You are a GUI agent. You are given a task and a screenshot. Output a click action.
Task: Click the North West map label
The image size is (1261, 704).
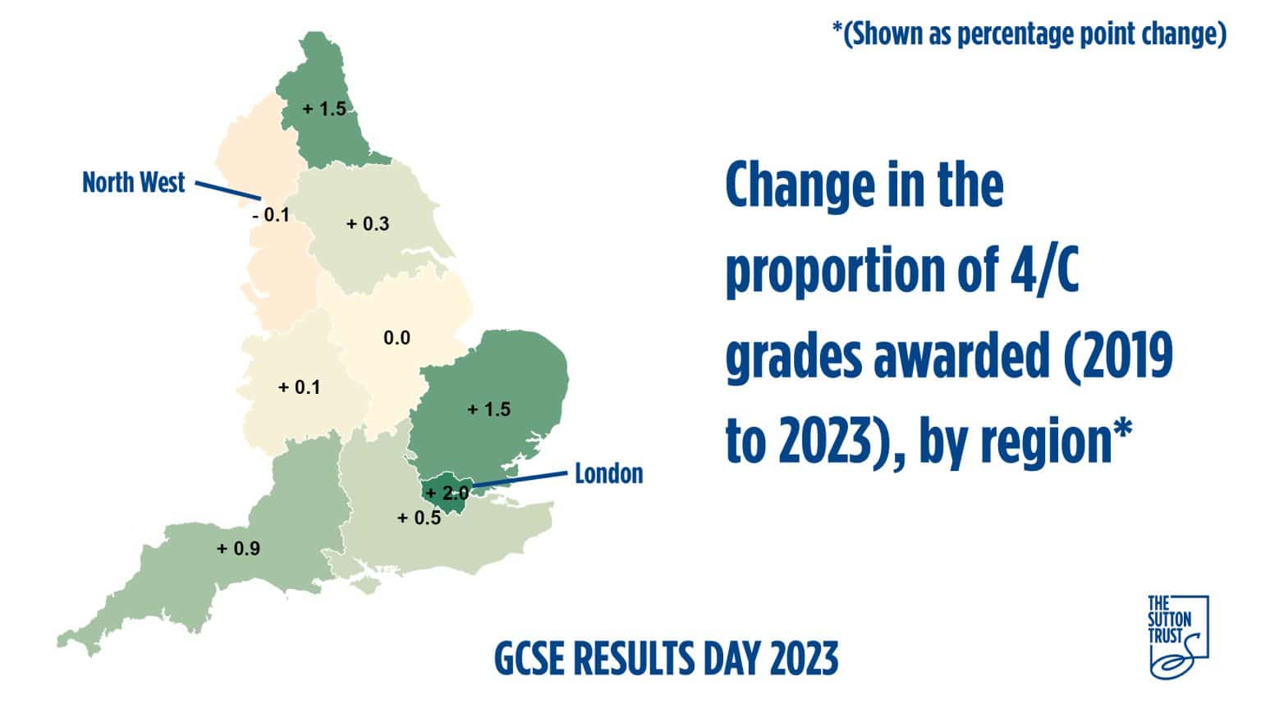click(x=134, y=182)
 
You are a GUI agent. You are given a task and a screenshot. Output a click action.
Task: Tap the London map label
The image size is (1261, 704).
click(x=608, y=473)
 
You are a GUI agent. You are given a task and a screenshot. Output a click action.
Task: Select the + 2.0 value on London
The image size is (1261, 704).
click(x=447, y=493)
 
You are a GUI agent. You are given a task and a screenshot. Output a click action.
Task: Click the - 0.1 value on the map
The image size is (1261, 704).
click(x=271, y=216)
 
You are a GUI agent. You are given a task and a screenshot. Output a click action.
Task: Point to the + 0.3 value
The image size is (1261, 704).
click(x=367, y=224)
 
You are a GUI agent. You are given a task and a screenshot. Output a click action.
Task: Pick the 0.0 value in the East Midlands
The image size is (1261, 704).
click(x=397, y=338)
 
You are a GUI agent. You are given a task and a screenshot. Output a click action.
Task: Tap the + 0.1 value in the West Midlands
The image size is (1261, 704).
click(x=299, y=387)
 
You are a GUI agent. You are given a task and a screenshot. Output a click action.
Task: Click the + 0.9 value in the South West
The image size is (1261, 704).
click(x=238, y=548)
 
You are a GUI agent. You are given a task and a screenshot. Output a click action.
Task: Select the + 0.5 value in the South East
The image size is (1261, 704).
click(x=419, y=518)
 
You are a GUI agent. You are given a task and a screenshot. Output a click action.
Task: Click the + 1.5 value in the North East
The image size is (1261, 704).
click(x=324, y=108)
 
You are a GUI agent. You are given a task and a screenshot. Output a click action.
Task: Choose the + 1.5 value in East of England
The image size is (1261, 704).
click(x=488, y=409)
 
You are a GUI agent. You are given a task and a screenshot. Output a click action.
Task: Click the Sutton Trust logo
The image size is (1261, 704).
click(x=1178, y=636)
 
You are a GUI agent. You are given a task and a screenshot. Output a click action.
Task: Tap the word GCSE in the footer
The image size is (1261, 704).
click(x=530, y=658)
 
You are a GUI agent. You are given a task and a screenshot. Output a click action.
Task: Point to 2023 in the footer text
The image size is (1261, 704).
click(x=804, y=658)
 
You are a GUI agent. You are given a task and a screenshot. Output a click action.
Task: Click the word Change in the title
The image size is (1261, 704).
click(x=789, y=185)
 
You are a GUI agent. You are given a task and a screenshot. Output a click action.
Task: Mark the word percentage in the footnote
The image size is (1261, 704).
click(x=1023, y=34)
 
